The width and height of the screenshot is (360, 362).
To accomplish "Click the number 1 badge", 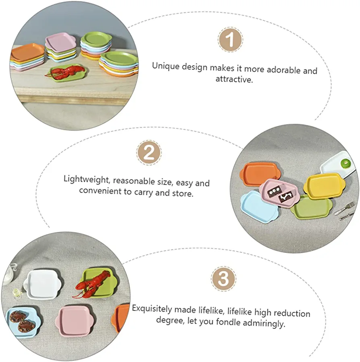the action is tap(230, 40).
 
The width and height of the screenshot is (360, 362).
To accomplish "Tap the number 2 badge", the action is tap(149, 153).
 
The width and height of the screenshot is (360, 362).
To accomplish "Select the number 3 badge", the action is tap(223, 279).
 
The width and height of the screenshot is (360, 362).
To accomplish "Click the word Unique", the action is tap(166, 66).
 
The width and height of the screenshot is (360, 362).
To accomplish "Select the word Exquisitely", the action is tap(152, 309).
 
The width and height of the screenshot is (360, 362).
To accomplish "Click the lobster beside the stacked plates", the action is tap(64, 71).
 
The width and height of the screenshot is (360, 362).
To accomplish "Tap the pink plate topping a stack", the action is tap(60, 41).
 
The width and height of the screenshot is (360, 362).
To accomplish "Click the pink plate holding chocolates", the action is tap(279, 193).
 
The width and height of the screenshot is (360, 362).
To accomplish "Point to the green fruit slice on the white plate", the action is tap(346, 164).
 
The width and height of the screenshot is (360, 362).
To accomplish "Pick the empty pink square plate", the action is tap(74, 320).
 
